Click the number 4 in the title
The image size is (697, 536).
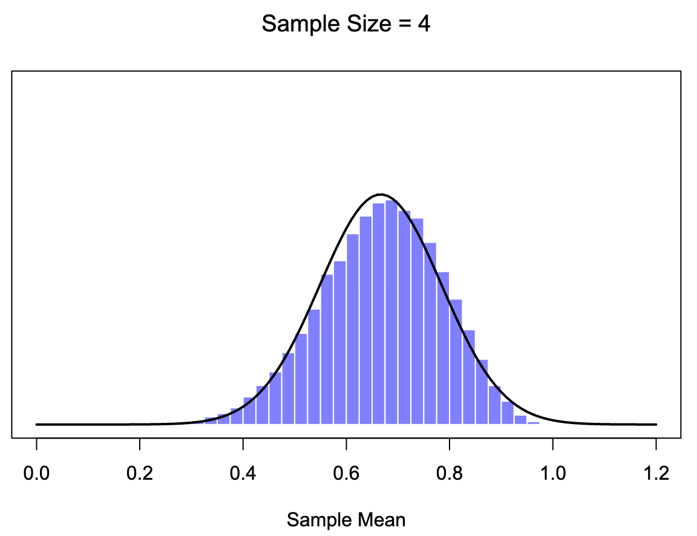click(x=424, y=24)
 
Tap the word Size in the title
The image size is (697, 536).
click(x=355, y=24)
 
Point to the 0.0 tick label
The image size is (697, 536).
click(x=36, y=473)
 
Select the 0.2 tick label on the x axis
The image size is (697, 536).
click(x=140, y=473)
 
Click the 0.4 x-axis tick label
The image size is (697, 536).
click(x=243, y=473)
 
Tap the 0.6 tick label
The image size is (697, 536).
click(x=346, y=473)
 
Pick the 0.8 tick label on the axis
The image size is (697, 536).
click(x=450, y=473)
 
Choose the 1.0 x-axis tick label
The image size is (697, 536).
click(x=553, y=473)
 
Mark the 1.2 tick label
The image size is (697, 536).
click(x=656, y=473)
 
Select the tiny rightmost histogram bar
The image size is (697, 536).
click(x=533, y=422)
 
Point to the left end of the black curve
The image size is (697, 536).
click(x=37, y=424)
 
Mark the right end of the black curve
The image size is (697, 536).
click(x=656, y=424)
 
